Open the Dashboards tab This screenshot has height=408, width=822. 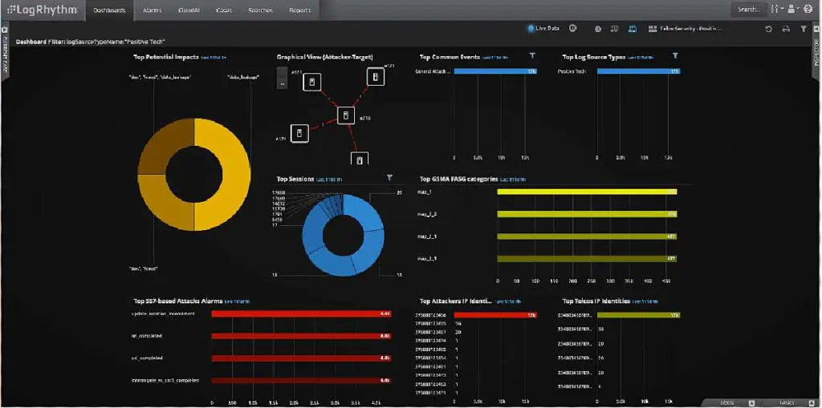[109, 10]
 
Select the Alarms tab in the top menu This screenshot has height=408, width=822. [153, 10]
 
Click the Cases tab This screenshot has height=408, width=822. [225, 10]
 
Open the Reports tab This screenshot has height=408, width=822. [299, 10]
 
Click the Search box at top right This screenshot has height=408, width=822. [750, 10]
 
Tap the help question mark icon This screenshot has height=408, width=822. [808, 10]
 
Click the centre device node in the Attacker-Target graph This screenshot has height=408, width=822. [345, 116]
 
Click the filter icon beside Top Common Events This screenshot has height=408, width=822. [532, 55]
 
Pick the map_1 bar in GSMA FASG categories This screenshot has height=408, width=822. [587, 192]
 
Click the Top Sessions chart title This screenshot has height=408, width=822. [294, 179]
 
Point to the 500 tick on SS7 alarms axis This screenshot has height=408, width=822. [232, 402]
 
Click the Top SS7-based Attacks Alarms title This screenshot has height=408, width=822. [178, 301]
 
